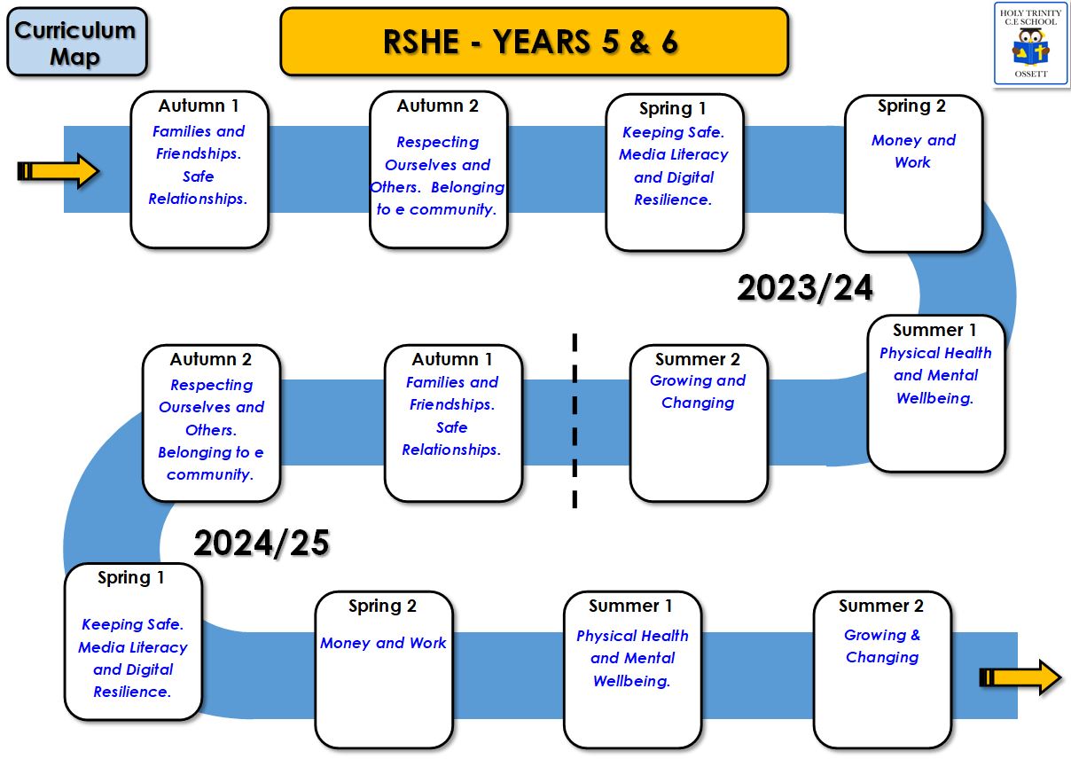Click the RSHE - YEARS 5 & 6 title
[530, 41]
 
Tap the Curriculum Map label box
[77, 42]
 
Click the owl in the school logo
[1030, 47]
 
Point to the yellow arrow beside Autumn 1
[59, 171]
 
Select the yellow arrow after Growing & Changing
[1020, 677]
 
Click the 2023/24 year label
[805, 288]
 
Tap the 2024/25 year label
[262, 544]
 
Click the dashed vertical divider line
[575, 420]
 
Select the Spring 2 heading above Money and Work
[911, 106]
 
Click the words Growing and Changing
[698, 392]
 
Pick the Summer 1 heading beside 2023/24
[934, 330]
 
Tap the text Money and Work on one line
[383, 643]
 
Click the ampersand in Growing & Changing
[915, 635]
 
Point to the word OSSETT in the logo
[1031, 74]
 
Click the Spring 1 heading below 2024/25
[130, 578]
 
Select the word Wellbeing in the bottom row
[631, 681]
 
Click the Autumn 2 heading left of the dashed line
[210, 359]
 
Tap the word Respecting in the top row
[437, 142]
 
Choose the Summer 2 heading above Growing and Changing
[697, 359]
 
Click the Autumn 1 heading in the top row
[198, 106]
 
